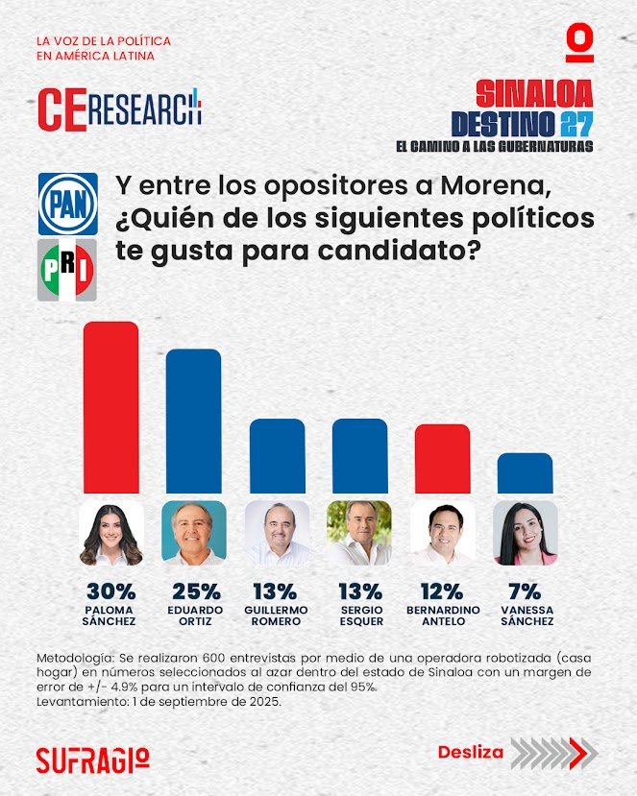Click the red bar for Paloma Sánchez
tap(110, 407)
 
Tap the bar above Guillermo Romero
tap(277, 456)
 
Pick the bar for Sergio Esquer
tap(359, 456)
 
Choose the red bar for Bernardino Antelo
tap(442, 458)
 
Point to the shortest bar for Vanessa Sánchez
tap(525, 472)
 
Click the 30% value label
tap(110, 591)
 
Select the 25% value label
tap(194, 591)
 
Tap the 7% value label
tap(525, 591)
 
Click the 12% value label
tap(442, 591)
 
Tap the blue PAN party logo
tap(67, 205)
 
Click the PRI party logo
tap(67, 270)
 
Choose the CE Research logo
tap(119, 108)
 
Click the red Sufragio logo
tap(92, 758)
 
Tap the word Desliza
tap(470, 752)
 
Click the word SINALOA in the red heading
tap(534, 94)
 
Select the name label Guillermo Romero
tap(277, 615)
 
